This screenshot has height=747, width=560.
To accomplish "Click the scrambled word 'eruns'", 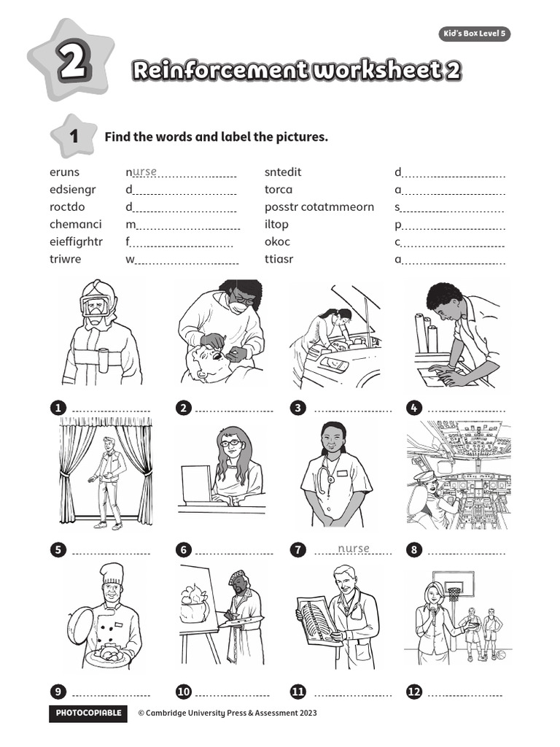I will (x=64, y=172).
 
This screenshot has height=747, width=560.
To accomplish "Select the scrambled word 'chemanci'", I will (x=75, y=224).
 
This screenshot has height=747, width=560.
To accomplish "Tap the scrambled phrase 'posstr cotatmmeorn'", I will (x=319, y=206).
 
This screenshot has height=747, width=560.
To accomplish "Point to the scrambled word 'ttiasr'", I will (x=279, y=259).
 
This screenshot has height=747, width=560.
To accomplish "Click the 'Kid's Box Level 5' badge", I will (x=474, y=34).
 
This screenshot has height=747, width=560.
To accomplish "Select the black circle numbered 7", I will (x=297, y=550).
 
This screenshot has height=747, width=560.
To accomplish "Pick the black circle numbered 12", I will (x=414, y=692).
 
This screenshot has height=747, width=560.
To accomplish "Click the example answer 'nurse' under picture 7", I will (x=354, y=549).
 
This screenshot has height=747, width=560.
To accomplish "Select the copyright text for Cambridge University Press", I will (x=227, y=713).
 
